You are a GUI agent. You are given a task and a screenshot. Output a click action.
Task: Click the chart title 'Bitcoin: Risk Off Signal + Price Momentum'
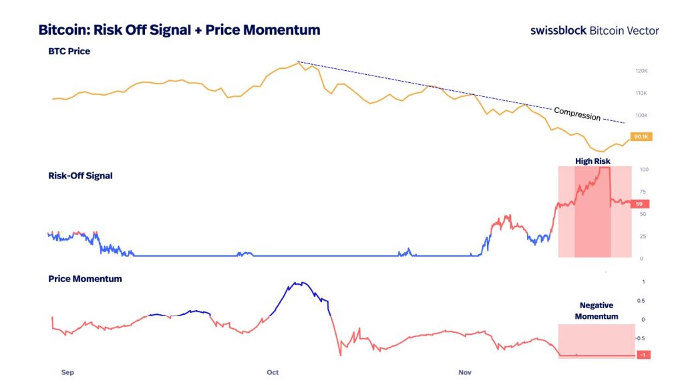[179, 30]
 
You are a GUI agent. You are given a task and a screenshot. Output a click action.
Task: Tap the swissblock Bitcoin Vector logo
[594, 31]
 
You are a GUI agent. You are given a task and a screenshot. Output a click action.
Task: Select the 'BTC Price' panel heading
[69, 51]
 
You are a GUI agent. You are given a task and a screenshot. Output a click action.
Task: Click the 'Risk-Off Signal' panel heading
[79, 176]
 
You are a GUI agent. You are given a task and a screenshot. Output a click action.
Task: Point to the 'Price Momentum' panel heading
[85, 278]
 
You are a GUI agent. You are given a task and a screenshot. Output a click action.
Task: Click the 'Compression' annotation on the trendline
[577, 114]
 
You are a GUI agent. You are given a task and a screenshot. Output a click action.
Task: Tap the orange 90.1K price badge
[642, 137]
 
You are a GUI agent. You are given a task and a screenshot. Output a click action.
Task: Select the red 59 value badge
[639, 204]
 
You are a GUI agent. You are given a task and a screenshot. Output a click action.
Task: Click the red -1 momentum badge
[643, 355]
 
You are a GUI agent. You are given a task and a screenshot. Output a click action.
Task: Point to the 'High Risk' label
[593, 161]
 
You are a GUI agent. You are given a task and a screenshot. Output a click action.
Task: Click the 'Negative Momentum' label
[596, 311]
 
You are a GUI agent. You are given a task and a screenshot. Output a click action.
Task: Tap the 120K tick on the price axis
[641, 70]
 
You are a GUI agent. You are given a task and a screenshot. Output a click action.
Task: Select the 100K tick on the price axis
[641, 115]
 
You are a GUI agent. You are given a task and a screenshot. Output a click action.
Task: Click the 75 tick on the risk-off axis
[643, 191]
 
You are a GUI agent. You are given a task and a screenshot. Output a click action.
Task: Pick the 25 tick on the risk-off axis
[643, 236]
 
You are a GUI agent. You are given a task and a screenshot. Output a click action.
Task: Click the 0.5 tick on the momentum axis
[643, 300]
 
